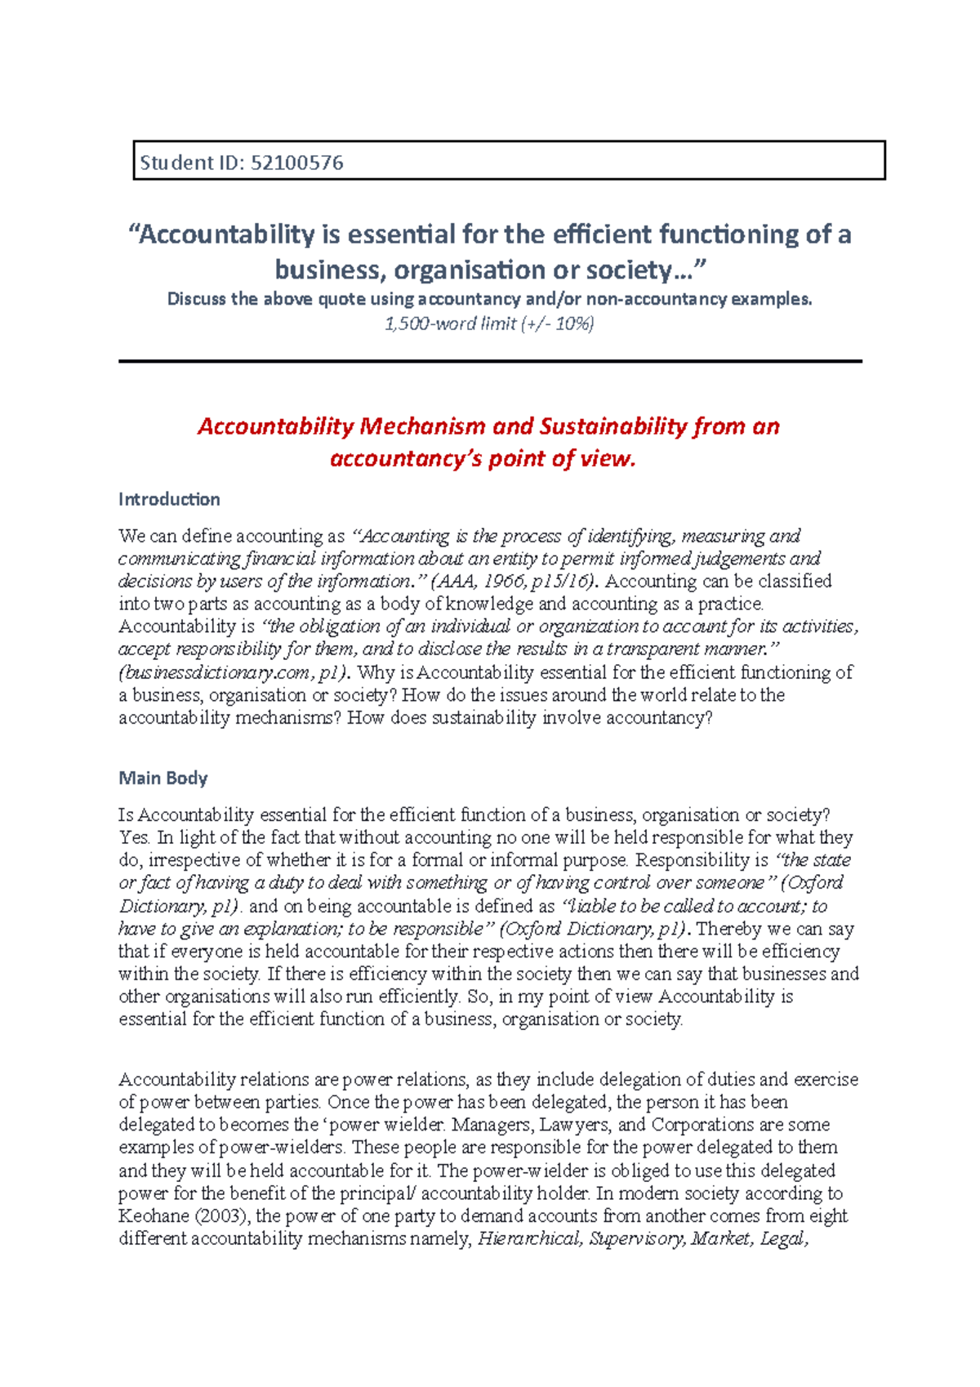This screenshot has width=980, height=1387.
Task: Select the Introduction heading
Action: pos(169,499)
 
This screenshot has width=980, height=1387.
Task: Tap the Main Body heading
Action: pos(163,778)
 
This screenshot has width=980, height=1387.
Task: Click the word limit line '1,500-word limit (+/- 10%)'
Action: pos(489,323)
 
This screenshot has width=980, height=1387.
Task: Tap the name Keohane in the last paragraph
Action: pos(154,1215)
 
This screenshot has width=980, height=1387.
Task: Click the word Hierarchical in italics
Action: pos(529,1238)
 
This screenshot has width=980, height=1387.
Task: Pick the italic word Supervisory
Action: pos(636,1238)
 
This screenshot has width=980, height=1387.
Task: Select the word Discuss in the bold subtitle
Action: pos(197,299)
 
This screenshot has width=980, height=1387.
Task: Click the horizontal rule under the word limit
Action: pos(490,360)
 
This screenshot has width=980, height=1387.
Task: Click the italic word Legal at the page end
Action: pos(783,1238)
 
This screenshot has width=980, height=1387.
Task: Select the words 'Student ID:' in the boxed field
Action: pos(191,163)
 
